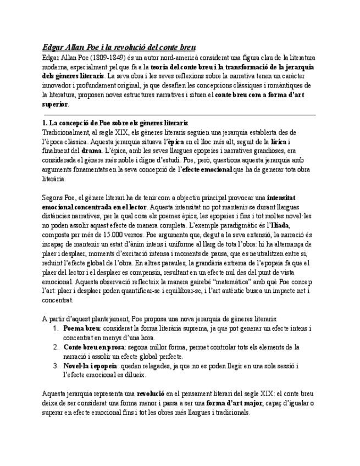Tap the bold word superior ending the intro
click(x=55, y=103)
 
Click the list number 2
click(x=56, y=347)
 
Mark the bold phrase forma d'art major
click(x=233, y=403)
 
